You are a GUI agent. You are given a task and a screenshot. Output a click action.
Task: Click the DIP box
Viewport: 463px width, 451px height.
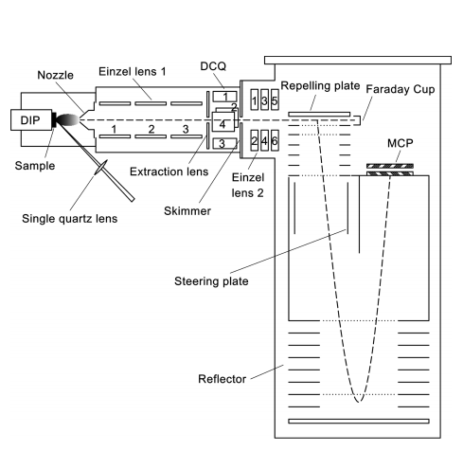click(x=31, y=119)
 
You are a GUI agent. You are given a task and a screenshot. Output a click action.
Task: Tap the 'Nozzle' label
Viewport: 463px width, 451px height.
click(x=55, y=75)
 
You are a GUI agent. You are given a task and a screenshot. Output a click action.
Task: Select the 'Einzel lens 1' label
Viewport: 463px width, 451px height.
click(x=133, y=71)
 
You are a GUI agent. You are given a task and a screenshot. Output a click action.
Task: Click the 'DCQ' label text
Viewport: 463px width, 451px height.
click(x=213, y=66)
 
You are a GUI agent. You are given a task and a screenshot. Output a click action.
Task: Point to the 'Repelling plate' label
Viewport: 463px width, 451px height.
click(x=320, y=86)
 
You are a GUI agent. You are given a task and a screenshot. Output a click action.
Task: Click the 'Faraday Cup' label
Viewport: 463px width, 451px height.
click(x=401, y=89)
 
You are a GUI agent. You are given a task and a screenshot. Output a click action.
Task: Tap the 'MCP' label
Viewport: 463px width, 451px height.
click(x=400, y=143)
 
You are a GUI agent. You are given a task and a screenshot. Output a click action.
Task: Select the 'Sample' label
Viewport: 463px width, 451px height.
click(x=35, y=166)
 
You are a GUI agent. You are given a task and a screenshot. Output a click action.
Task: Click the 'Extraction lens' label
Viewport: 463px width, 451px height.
click(x=169, y=171)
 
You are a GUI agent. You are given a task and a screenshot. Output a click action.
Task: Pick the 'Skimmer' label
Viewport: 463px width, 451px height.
click(x=187, y=211)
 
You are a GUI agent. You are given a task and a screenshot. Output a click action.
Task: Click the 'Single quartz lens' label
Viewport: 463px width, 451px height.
click(x=69, y=219)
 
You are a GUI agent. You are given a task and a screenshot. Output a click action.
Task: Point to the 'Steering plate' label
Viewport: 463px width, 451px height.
click(x=211, y=281)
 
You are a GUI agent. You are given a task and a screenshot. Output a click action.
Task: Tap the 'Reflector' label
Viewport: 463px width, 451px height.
click(x=222, y=379)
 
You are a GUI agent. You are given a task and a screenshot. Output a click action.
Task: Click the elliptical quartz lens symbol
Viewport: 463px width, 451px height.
click(x=101, y=167)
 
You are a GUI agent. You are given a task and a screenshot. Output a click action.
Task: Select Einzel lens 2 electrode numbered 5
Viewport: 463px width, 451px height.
click(x=275, y=99)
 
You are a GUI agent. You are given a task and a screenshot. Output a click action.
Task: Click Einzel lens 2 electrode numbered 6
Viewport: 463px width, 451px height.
click(x=275, y=140)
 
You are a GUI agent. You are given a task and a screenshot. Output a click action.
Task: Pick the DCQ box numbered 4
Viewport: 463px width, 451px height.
click(x=223, y=122)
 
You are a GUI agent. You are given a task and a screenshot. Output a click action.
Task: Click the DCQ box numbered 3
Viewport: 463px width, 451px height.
click(x=224, y=143)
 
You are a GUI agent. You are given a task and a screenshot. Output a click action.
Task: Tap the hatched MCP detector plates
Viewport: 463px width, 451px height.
click(x=390, y=170)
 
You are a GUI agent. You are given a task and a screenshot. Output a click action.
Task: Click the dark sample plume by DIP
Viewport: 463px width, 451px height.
click(x=67, y=120)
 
